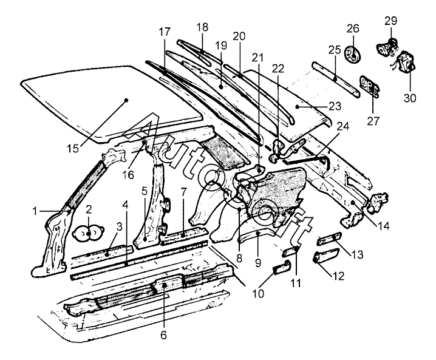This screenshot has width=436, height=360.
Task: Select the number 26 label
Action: coord(353,29)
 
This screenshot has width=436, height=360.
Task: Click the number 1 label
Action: coord(35,211)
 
